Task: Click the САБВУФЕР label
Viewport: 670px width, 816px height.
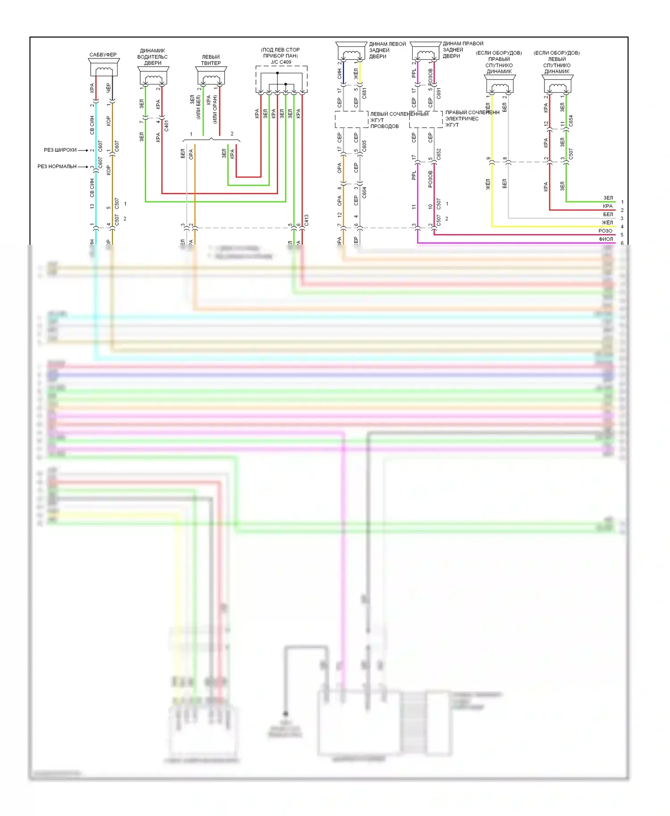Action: [x=103, y=54]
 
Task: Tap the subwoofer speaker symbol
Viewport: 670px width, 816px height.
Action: [x=104, y=69]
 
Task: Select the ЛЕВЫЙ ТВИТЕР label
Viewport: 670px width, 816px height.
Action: [x=211, y=60]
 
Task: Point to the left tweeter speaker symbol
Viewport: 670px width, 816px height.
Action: [x=211, y=76]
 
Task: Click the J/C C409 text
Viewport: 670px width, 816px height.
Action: [x=281, y=62]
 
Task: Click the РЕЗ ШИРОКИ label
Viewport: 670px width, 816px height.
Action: [x=60, y=150]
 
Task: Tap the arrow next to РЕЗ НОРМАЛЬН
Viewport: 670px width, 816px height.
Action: [x=84, y=167]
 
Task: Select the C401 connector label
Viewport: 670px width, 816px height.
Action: [x=167, y=125]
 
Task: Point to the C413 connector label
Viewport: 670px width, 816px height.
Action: [x=306, y=220]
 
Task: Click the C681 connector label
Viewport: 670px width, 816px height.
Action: [x=364, y=93]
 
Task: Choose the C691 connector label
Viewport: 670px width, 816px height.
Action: [x=439, y=93]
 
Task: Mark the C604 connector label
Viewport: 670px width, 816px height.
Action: [x=364, y=192]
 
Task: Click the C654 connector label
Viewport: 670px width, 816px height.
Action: [x=571, y=121]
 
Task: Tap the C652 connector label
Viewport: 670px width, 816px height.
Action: [x=439, y=154]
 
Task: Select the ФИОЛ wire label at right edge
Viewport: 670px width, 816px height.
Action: [x=606, y=239]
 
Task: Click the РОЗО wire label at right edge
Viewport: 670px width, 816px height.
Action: [x=605, y=231]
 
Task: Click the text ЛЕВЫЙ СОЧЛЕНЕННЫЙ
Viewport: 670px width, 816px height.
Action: [x=399, y=114]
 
